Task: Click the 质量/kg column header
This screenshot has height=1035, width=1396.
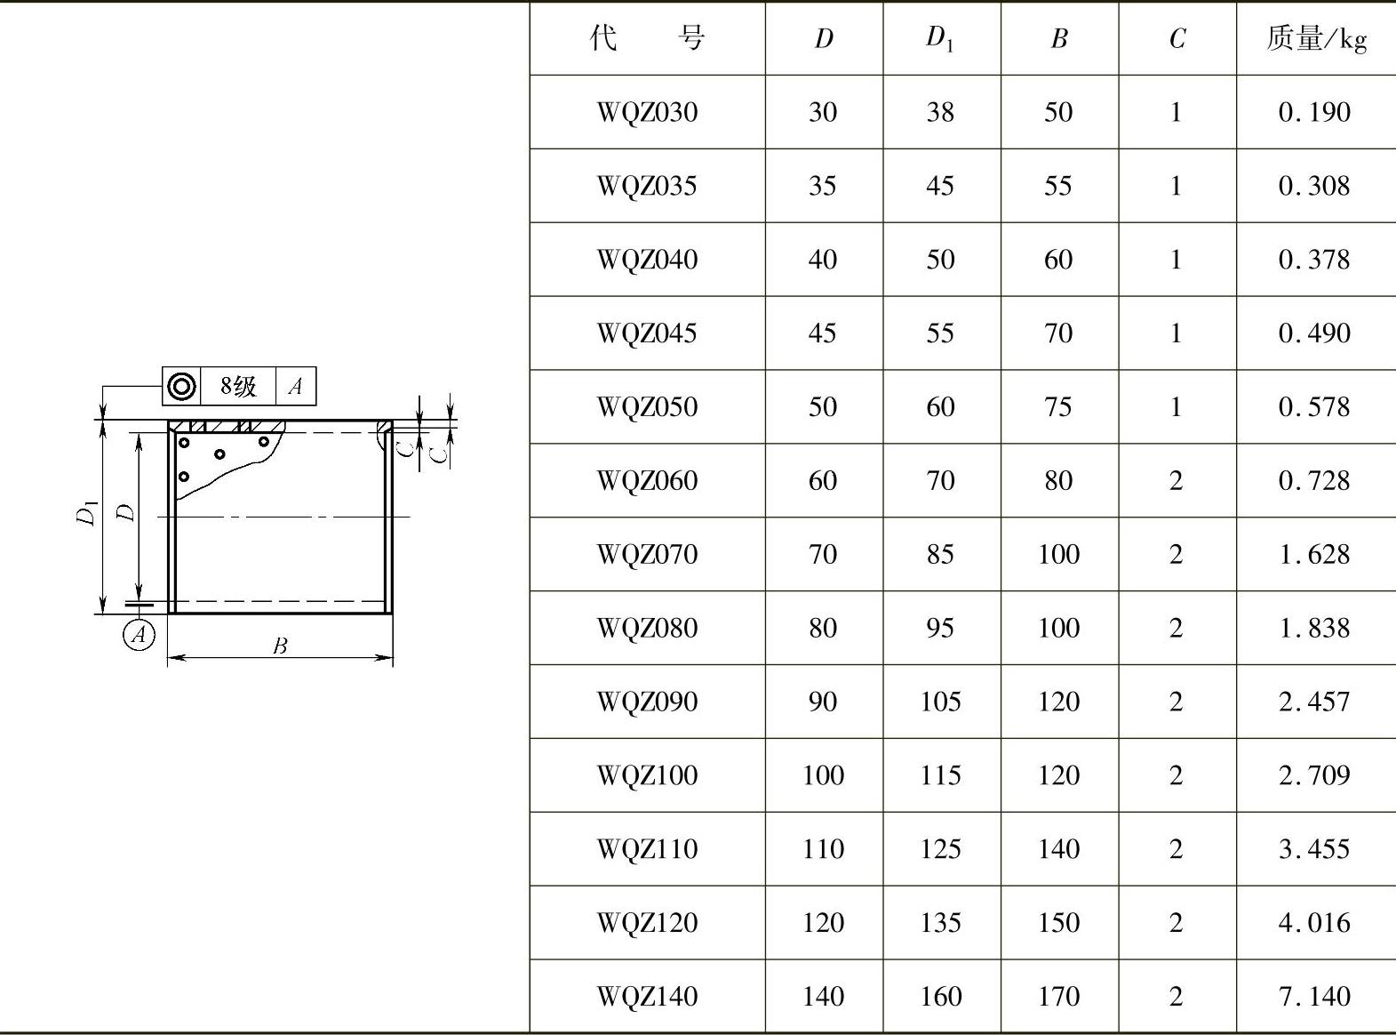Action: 1316,38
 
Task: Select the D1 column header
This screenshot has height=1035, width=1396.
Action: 939,38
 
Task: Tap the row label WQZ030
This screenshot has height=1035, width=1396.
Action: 647,112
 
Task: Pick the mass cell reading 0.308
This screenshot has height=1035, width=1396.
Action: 1314,186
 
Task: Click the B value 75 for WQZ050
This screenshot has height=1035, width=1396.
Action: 1058,407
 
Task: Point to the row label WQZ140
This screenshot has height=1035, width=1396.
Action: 647,997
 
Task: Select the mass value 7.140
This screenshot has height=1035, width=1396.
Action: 1314,997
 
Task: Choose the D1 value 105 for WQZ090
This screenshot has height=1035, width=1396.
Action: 940,702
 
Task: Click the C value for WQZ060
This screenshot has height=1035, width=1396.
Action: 1176,481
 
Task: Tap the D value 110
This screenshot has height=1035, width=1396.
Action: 823,849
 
